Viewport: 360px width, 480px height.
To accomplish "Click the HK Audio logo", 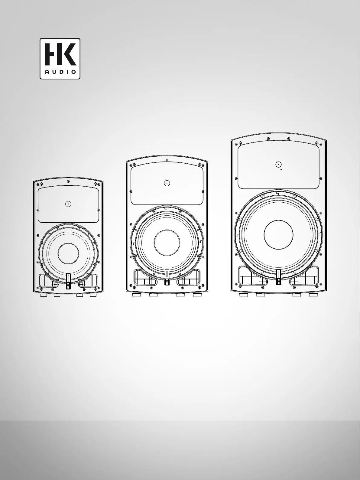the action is [60, 59].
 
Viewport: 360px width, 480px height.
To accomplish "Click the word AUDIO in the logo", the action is [60, 72].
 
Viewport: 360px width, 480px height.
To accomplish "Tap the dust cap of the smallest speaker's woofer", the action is [68, 254].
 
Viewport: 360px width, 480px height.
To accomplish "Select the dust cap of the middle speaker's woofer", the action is [167, 243].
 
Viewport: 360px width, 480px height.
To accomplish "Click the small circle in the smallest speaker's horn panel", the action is [68, 204].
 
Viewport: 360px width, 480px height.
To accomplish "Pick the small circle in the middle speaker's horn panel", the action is [167, 183].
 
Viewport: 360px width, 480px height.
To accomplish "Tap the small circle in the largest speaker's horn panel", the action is [278, 165].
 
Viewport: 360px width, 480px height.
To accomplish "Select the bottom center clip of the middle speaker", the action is [167, 277].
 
